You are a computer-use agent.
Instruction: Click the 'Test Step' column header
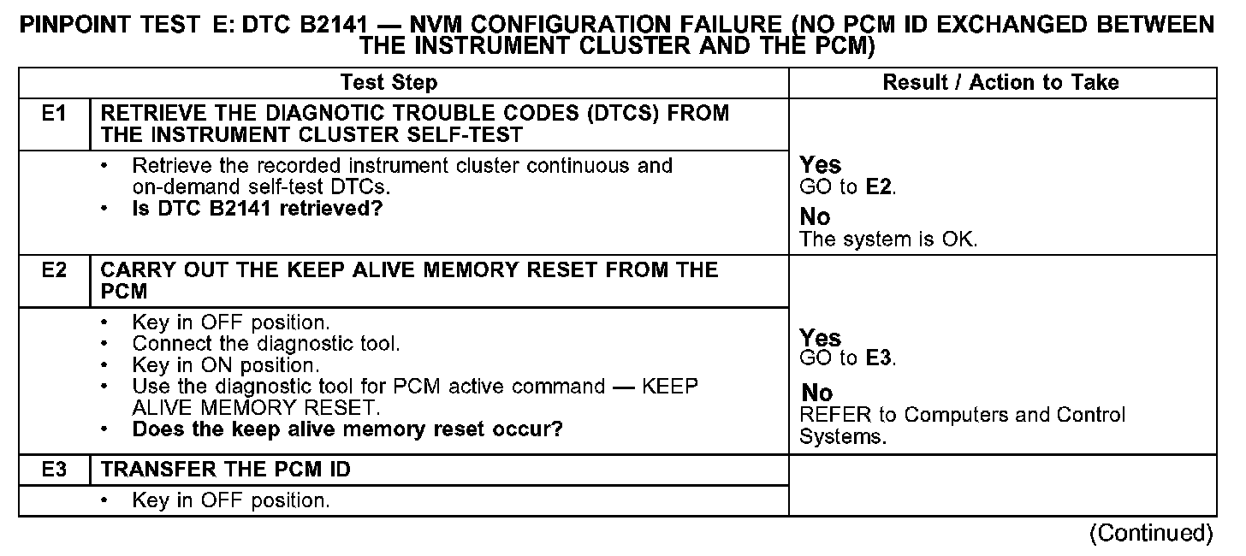click(389, 83)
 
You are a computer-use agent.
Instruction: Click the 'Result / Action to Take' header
click(1000, 83)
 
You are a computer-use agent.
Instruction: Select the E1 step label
click(54, 114)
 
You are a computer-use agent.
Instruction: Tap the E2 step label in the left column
click(54, 270)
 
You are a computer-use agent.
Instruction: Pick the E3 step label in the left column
click(54, 470)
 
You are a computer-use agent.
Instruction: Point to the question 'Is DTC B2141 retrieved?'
click(257, 209)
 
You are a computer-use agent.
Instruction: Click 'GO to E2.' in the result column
click(848, 188)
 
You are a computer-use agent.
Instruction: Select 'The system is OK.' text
click(887, 240)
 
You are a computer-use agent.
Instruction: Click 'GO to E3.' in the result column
click(848, 358)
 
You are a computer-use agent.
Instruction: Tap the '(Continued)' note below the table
click(1150, 534)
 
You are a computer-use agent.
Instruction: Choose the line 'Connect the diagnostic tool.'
click(266, 344)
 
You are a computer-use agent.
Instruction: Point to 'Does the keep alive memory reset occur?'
click(347, 429)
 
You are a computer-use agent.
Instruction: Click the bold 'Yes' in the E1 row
click(820, 165)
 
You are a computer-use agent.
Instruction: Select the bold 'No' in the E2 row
click(816, 393)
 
